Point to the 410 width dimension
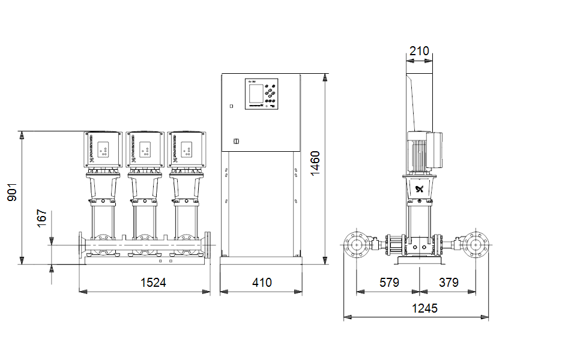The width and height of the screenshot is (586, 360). [x=261, y=282]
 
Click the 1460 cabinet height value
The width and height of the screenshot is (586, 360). [x=315, y=163]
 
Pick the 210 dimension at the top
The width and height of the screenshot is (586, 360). [x=419, y=51]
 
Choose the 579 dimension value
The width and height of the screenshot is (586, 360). [x=388, y=282]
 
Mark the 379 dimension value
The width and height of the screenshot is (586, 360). [x=449, y=282]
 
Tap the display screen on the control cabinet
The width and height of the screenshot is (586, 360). [x=255, y=93]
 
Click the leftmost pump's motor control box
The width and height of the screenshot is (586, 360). [x=103, y=149]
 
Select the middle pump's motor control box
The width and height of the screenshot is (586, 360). [x=145, y=149]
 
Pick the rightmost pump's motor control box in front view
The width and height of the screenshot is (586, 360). [x=186, y=149]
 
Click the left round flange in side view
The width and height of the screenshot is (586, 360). [x=357, y=245]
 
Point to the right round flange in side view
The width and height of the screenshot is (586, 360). [x=476, y=245]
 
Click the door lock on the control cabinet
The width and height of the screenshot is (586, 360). [x=235, y=142]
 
